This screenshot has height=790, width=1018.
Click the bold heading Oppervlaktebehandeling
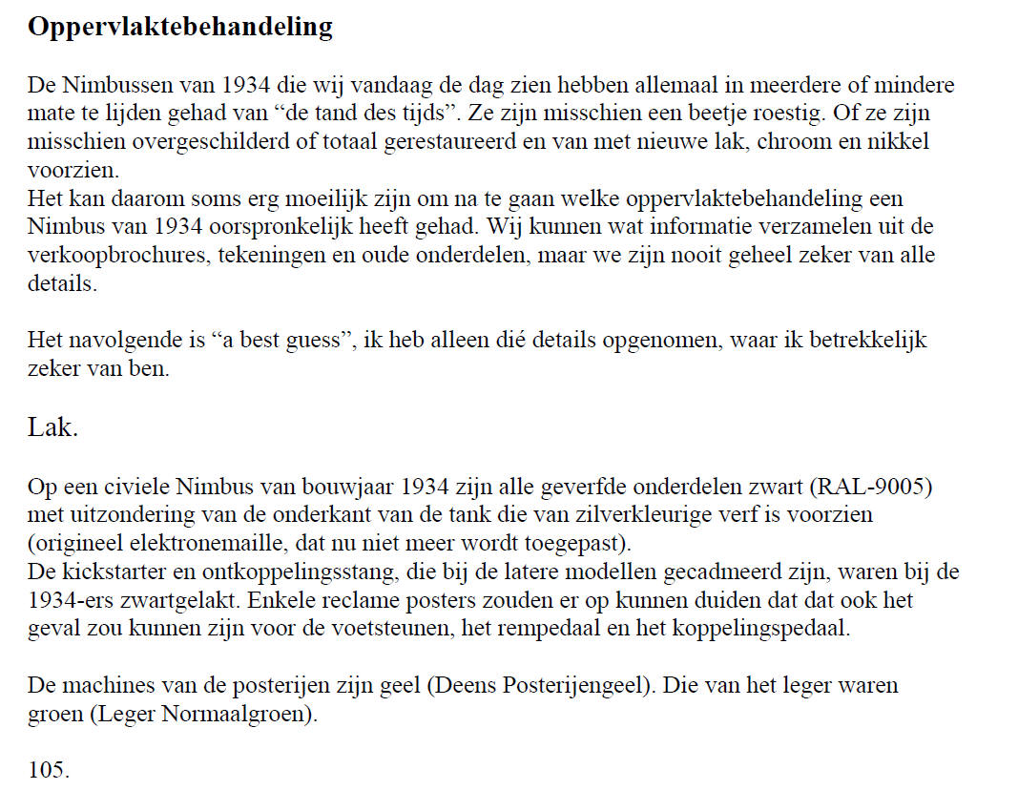180,27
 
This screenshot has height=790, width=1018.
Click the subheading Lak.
52,427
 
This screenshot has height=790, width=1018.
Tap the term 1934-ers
67,601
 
